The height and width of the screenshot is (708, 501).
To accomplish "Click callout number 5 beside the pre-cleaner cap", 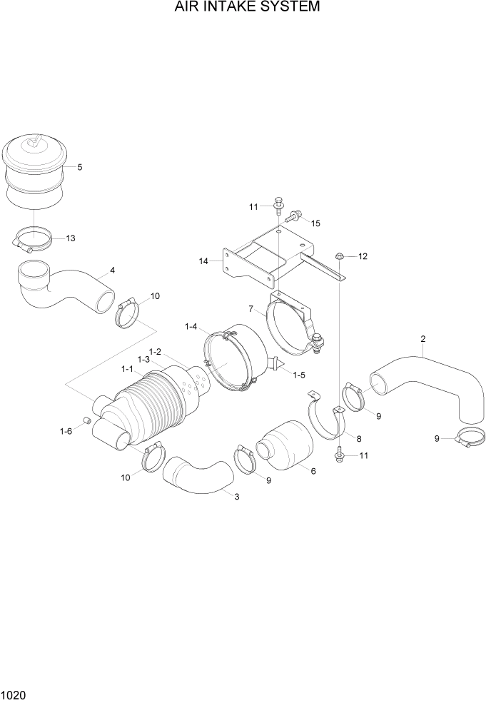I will point(79,167).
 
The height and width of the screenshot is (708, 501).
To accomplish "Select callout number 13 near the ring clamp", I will point(71,238).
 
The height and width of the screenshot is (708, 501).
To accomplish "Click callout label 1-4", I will point(191,326).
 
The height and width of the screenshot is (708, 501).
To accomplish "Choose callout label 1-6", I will point(66,431).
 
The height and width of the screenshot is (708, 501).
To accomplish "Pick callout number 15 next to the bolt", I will point(315,223).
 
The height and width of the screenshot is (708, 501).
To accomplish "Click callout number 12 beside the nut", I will point(363,256).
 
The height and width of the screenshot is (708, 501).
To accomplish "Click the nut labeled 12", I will point(340,255).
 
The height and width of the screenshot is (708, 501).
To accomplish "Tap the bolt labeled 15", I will point(296,213).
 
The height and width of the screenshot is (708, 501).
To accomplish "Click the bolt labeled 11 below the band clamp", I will point(339,453).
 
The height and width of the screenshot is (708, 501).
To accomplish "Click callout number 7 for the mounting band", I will point(251,309).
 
